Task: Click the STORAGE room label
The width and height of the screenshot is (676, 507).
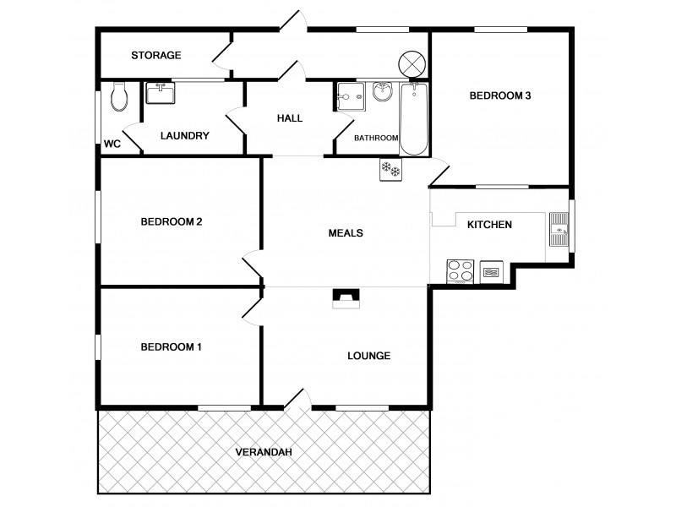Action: click(x=156, y=56)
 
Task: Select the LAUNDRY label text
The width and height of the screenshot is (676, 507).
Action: click(x=184, y=136)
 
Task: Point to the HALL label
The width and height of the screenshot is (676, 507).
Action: click(x=290, y=118)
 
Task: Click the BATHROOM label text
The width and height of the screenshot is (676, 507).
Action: click(x=376, y=138)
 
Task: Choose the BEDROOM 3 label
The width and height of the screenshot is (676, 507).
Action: click(x=500, y=95)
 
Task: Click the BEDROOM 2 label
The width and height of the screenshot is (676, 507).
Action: click(x=171, y=222)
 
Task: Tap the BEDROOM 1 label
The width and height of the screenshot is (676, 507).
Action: click(x=171, y=346)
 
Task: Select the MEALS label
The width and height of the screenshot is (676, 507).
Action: click(x=346, y=233)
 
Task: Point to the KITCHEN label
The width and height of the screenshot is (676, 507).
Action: click(x=490, y=225)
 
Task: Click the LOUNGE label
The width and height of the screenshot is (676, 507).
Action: click(x=369, y=356)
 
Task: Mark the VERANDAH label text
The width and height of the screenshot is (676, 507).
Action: click(x=264, y=452)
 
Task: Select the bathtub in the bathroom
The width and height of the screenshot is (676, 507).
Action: click(x=414, y=119)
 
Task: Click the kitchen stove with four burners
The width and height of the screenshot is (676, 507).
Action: click(x=460, y=271)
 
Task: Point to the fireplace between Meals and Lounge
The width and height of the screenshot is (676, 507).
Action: click(x=345, y=297)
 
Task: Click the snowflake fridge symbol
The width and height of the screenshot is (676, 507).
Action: click(x=390, y=169)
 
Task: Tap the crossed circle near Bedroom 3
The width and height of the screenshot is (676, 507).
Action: click(x=410, y=63)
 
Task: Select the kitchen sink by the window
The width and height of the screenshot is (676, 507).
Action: click(x=559, y=227)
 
